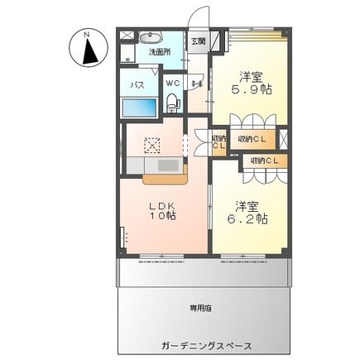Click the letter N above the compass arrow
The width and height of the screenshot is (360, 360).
(87, 34)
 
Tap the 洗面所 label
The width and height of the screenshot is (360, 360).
(159, 52)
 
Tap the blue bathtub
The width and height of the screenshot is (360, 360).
(138, 107)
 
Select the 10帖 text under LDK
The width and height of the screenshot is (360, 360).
(161, 216)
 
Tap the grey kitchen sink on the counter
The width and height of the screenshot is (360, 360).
(168, 165)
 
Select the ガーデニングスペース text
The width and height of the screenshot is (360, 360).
(201, 345)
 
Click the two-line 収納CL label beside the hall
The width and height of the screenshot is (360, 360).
(218, 142)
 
